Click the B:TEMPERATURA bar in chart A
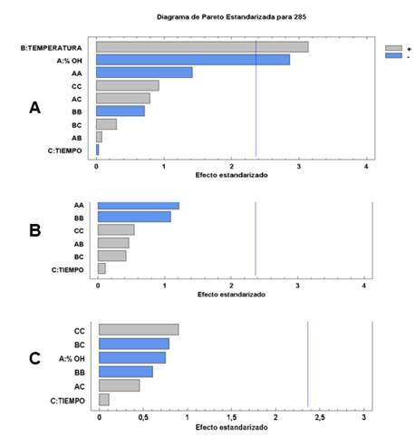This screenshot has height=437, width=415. [202, 47]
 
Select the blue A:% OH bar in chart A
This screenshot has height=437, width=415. [193, 60]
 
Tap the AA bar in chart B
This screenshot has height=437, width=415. [139, 206]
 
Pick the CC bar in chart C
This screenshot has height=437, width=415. [139, 330]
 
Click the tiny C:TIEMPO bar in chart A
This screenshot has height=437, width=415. [97, 150]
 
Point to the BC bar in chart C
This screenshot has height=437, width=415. [134, 344]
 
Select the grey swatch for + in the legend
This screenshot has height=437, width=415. [393, 48]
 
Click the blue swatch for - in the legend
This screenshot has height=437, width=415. [393, 55]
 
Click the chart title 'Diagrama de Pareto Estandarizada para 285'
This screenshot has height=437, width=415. [231, 17]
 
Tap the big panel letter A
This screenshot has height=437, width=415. [34, 108]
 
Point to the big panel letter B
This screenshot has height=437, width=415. [34, 230]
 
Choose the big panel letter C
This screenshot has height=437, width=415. [34, 359]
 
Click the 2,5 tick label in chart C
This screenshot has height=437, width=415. [320, 418]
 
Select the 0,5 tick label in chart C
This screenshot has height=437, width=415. [143, 418]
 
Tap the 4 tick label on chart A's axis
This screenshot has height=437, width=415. [366, 167]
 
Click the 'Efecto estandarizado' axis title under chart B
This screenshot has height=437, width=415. [231, 295]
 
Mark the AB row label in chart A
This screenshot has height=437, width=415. [77, 138]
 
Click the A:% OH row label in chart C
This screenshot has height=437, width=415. [72, 359]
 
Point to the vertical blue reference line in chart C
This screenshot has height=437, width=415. [308, 364]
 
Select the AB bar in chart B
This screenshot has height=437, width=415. [113, 243]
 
